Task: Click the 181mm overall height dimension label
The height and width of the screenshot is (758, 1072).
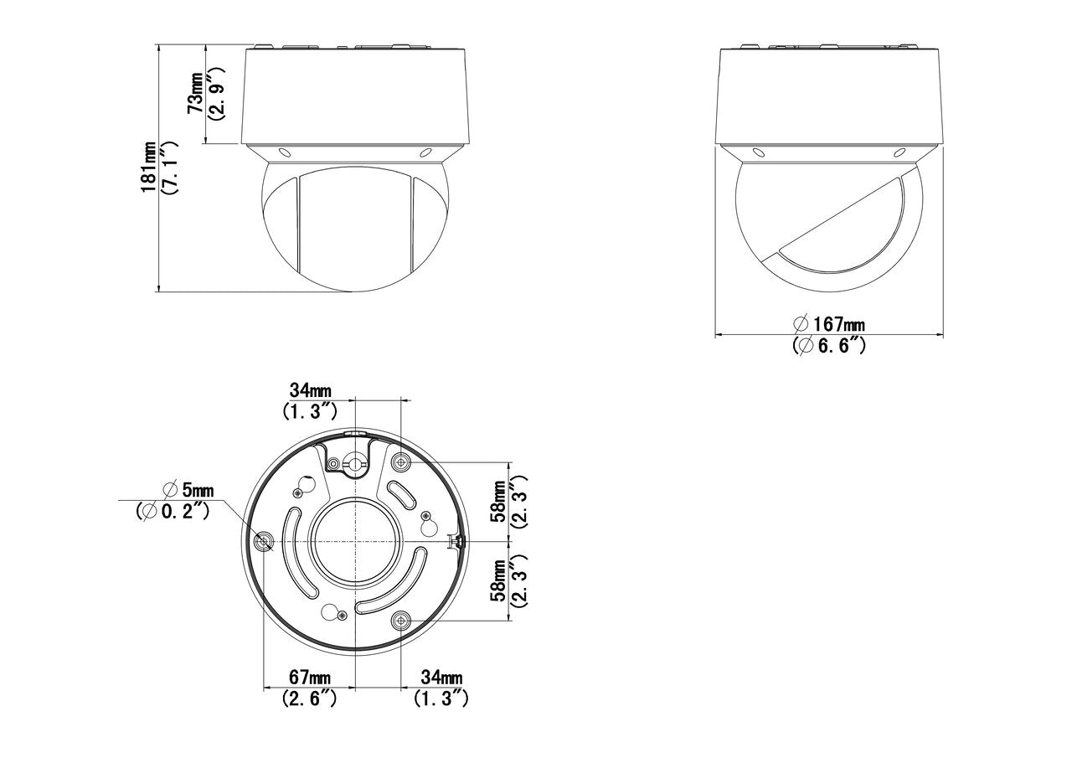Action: click(x=149, y=167)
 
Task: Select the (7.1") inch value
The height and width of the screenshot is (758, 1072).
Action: click(x=170, y=167)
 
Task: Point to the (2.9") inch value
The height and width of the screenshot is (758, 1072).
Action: click(x=215, y=94)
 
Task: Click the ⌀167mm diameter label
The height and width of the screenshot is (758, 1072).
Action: click(x=829, y=324)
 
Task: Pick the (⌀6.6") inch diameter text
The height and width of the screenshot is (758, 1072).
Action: click(x=829, y=345)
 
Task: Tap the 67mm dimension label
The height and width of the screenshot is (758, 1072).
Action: click(x=310, y=678)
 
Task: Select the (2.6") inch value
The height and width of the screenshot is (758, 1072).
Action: click(x=310, y=699)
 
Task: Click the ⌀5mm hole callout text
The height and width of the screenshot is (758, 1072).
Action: click(x=188, y=489)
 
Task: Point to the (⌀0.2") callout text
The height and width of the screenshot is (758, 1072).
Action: click(x=173, y=512)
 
